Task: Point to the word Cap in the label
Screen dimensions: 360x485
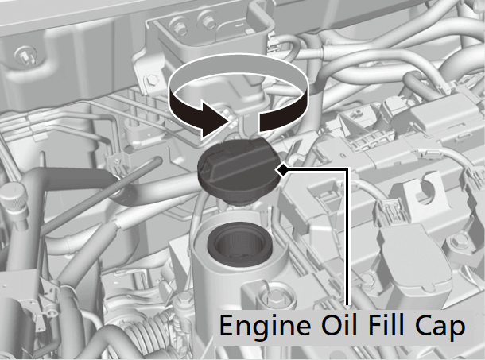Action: (x=442, y=326)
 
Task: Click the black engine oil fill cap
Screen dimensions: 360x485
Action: (x=237, y=168)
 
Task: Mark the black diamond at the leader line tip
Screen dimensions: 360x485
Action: (x=283, y=168)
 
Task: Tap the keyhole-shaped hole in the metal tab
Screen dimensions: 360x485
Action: (x=422, y=194)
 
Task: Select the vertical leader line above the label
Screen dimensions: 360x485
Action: (x=347, y=238)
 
